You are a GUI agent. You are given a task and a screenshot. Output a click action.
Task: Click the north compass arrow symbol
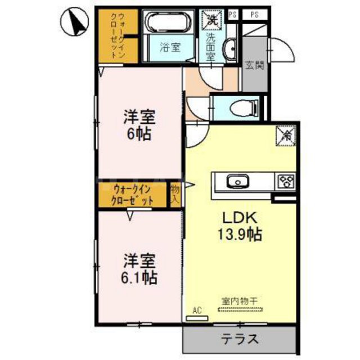74,22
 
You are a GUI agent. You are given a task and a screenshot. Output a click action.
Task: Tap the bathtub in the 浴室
169,22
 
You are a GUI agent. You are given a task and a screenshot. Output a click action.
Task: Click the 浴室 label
169,48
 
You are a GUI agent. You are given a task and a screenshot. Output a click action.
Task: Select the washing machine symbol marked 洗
212,21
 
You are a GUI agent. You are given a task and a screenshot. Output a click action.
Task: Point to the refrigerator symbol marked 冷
285,135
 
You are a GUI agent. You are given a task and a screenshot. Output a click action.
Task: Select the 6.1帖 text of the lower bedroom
140,277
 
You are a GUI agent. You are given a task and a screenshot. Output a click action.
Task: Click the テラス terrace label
238,339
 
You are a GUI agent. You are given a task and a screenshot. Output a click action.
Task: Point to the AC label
197,310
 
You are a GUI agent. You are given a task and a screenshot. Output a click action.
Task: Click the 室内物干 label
239,301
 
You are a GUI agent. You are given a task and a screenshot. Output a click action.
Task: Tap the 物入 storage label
175,195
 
